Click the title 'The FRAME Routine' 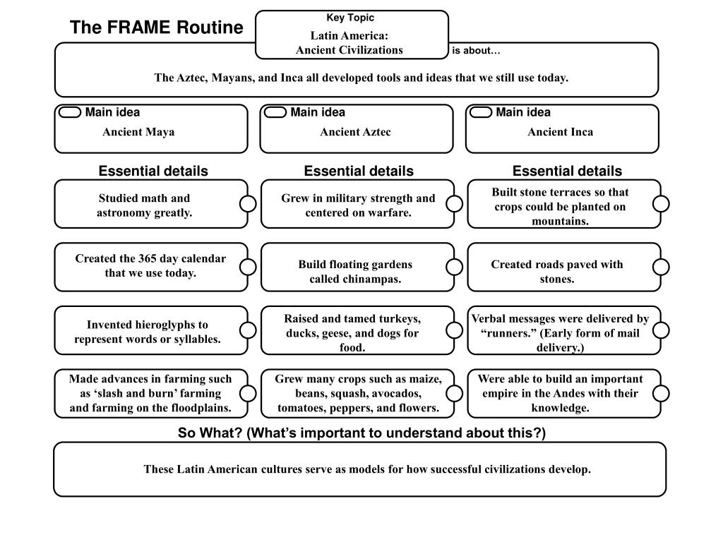[x=156, y=28]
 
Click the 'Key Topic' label [x=350, y=18]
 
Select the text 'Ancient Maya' [x=138, y=132]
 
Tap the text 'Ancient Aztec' [x=355, y=132]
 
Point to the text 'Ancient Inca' [x=560, y=132]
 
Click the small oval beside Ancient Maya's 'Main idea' [x=70, y=113]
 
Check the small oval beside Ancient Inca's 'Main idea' [x=481, y=113]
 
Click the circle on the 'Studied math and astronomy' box [x=248, y=204]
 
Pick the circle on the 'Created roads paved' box [x=661, y=267]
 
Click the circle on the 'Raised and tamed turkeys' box [x=455, y=330]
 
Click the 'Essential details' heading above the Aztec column [x=359, y=171]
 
